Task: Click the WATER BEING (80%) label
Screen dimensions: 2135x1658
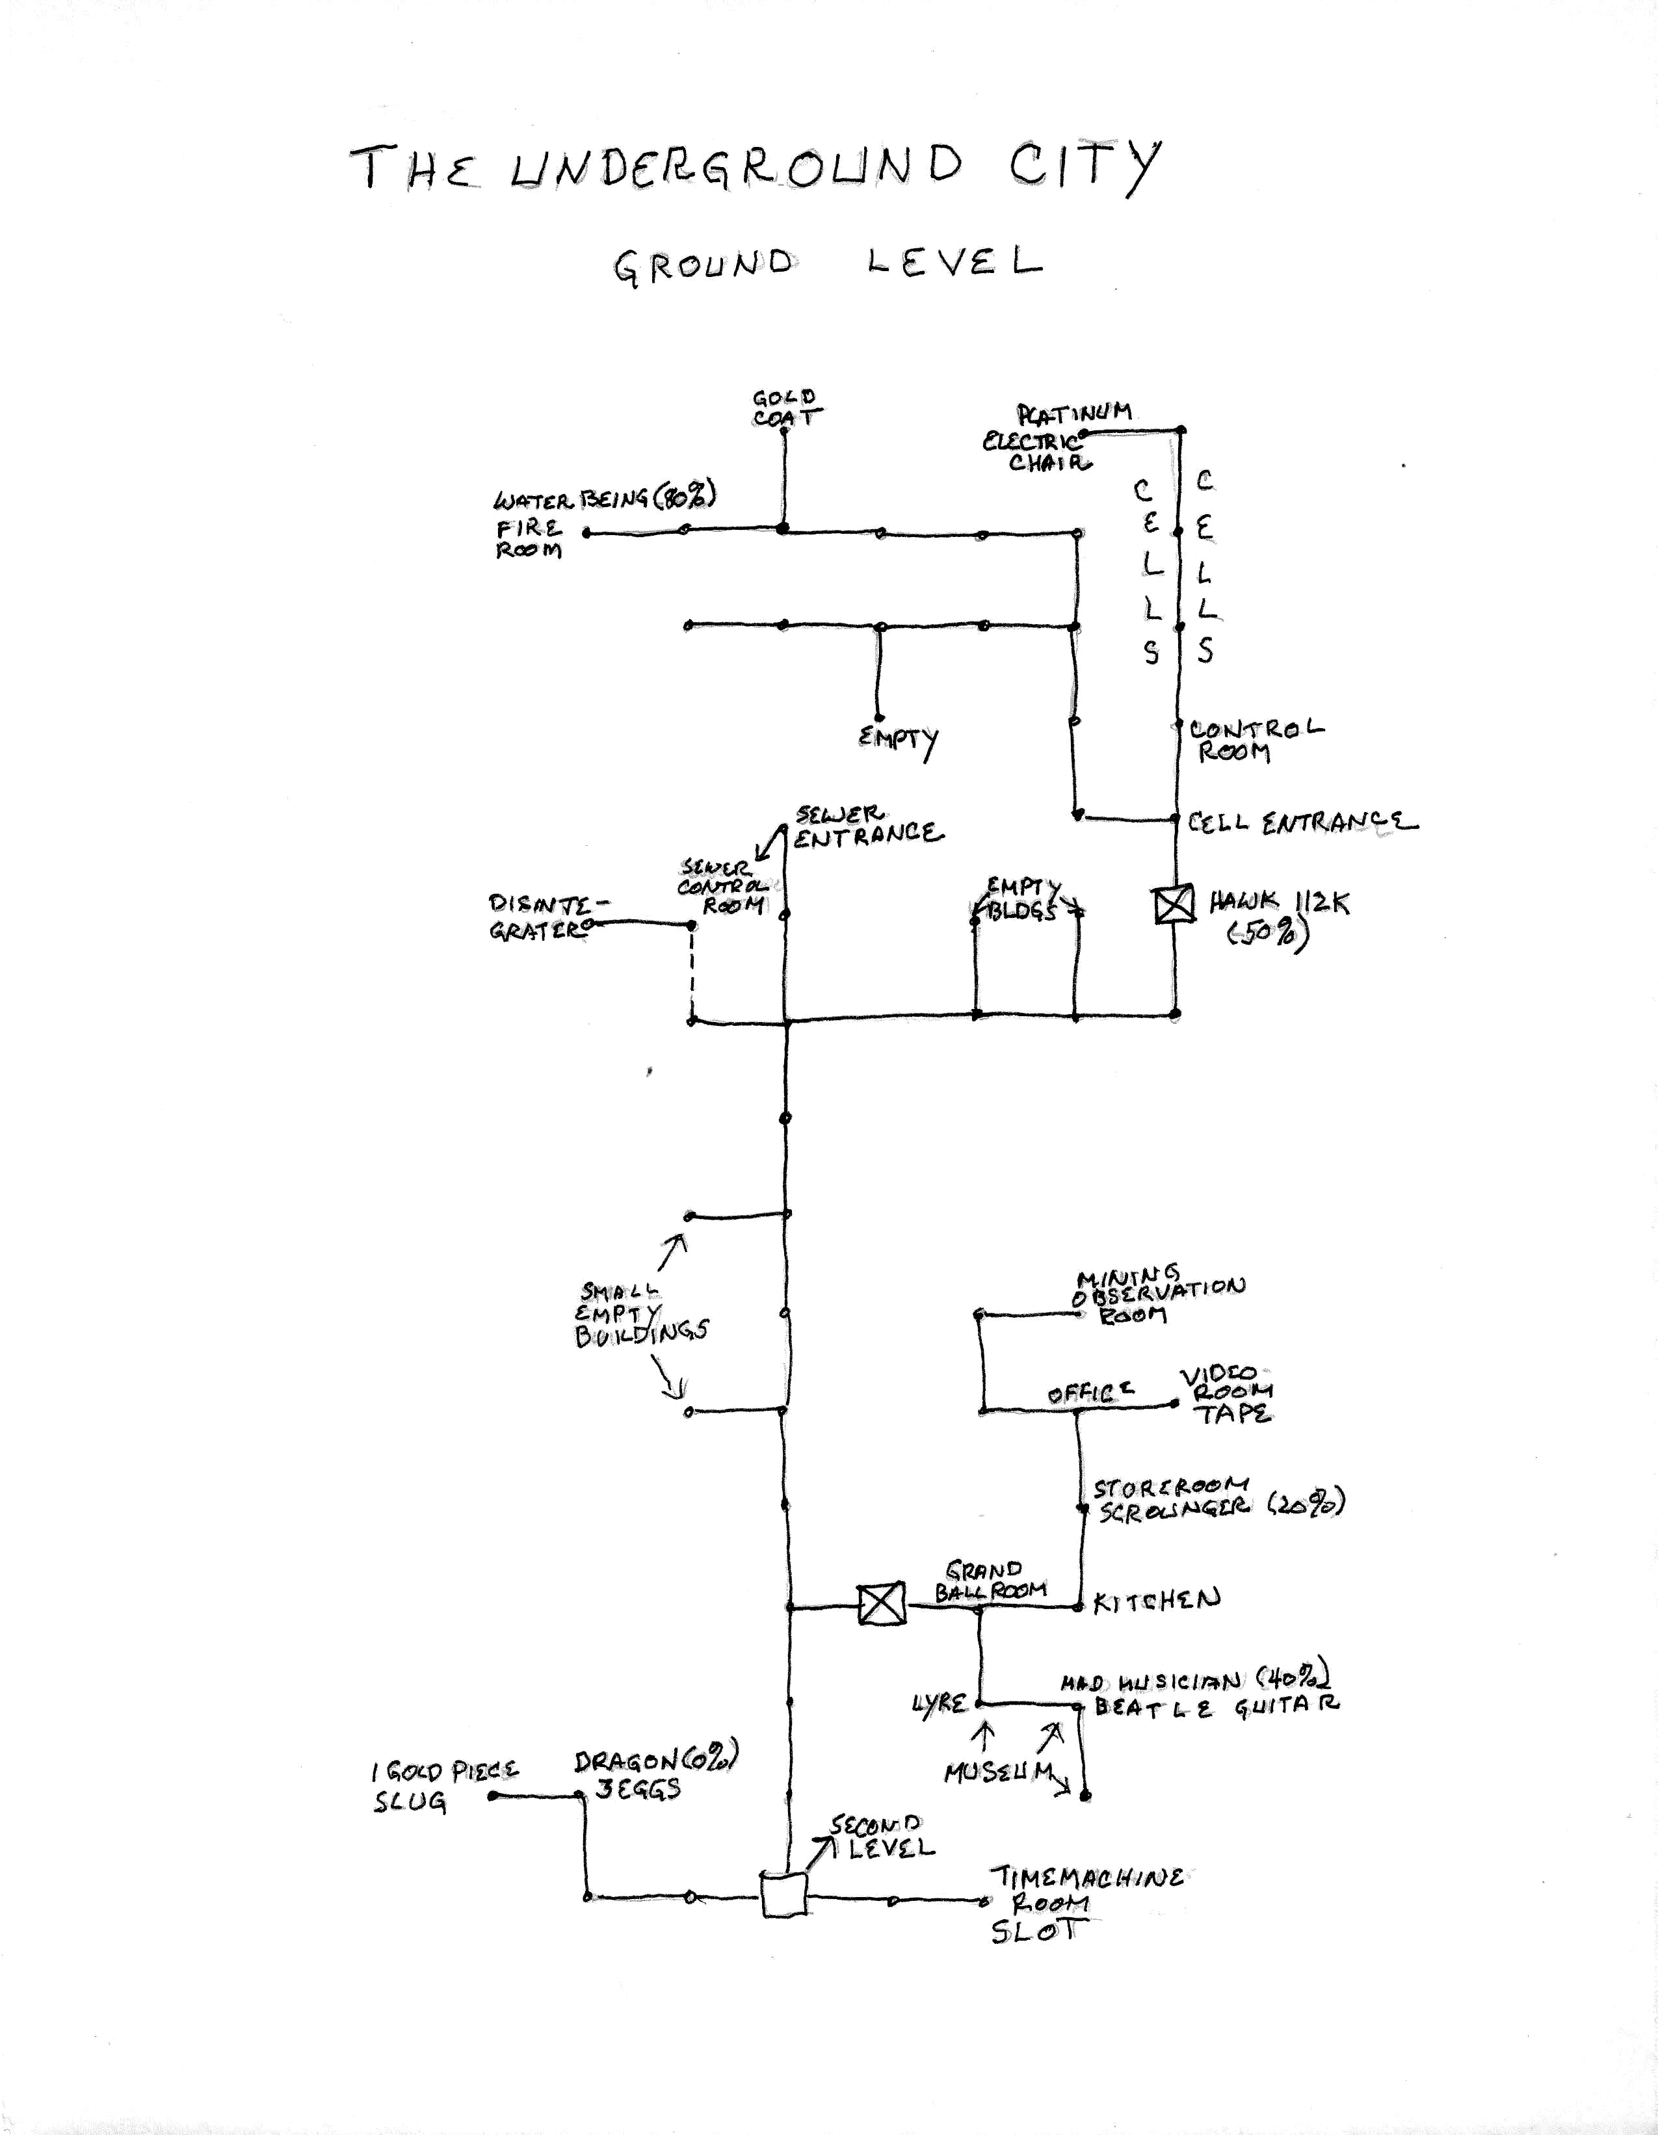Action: point(604,499)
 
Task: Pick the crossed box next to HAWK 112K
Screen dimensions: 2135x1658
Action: point(1173,903)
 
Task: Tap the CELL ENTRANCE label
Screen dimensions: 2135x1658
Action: point(1301,822)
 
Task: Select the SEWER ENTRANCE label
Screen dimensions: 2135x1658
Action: point(867,826)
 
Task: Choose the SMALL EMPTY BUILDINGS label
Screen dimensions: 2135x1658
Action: point(640,1315)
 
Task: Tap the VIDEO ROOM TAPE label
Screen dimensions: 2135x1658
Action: point(1228,1395)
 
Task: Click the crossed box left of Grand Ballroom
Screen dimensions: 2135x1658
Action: point(881,1605)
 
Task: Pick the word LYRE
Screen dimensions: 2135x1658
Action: point(938,1704)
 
